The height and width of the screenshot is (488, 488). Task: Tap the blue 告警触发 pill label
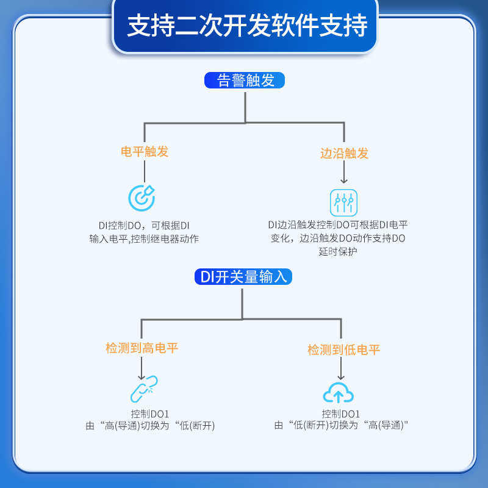(245, 81)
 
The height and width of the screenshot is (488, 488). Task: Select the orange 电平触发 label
(145, 152)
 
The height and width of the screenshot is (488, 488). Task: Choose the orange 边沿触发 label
(345, 153)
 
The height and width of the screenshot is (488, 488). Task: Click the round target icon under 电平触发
(142, 198)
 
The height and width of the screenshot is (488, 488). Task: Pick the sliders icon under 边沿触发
(343, 201)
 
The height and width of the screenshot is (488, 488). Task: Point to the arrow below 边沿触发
(344, 174)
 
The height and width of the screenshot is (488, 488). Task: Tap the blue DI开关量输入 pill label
(243, 276)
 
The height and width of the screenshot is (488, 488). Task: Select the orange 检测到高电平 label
(142, 348)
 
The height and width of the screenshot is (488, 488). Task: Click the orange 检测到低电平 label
(343, 350)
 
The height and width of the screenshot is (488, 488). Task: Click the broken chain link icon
(144, 389)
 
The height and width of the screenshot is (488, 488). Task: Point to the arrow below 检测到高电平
(142, 368)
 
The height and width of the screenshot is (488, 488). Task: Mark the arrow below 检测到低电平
(342, 368)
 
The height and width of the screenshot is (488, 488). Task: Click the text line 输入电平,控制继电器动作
(144, 239)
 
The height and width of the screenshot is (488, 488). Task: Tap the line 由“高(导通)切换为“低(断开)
(150, 425)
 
